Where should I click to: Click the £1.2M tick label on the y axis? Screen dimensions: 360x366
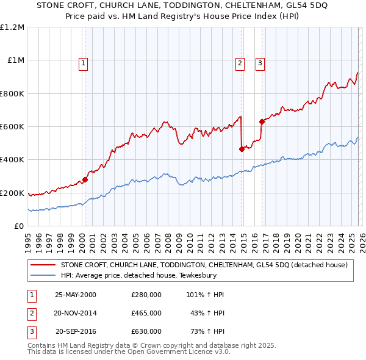point(13,27)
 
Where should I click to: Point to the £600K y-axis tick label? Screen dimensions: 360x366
point(13,126)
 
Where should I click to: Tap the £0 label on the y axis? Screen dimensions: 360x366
point(19,226)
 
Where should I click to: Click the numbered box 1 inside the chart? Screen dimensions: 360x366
point(83,62)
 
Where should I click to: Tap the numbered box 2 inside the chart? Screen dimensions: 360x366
point(240,62)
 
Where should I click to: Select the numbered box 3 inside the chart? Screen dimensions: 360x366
point(260,62)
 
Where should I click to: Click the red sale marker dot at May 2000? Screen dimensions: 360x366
point(85,179)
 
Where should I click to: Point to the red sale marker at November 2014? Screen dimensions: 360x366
point(242,149)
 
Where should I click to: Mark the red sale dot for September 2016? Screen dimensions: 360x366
point(261,121)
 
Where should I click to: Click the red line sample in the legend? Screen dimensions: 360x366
point(43,265)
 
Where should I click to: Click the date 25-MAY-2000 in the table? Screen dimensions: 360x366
point(76,295)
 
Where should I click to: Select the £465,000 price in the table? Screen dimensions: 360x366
point(146,313)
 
